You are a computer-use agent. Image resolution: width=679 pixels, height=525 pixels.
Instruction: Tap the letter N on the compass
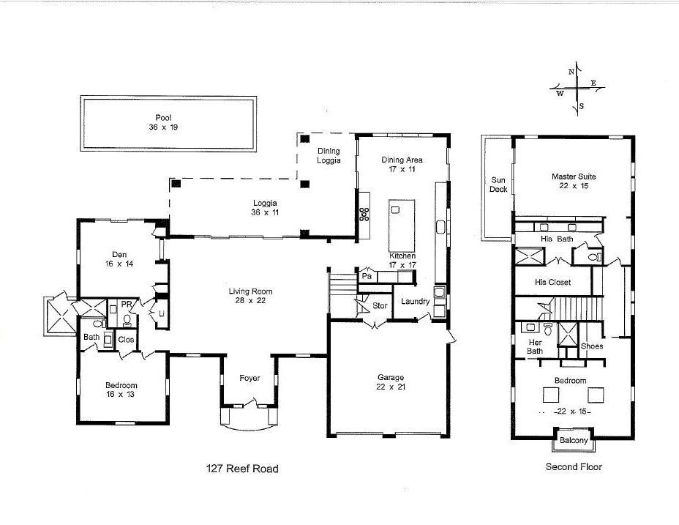[x=571, y=72]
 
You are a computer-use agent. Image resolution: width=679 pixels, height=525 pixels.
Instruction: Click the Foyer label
[x=250, y=378]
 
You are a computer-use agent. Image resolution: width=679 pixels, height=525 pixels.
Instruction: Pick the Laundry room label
[x=415, y=302]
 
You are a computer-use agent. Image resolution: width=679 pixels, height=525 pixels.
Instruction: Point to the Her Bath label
[x=536, y=346]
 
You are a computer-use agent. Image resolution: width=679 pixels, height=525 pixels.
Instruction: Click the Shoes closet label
[x=592, y=346]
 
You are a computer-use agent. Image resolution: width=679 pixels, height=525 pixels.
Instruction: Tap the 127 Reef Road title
[x=241, y=469]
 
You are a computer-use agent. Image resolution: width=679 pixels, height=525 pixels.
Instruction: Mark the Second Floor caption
[x=574, y=466]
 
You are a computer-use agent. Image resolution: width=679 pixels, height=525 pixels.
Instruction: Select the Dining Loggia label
[x=329, y=156]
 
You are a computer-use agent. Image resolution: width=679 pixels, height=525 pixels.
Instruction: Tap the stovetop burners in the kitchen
[x=364, y=214]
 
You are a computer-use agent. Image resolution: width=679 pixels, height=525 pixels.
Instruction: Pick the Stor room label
[x=379, y=306]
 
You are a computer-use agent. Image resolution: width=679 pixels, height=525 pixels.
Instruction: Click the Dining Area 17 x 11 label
[x=402, y=164]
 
